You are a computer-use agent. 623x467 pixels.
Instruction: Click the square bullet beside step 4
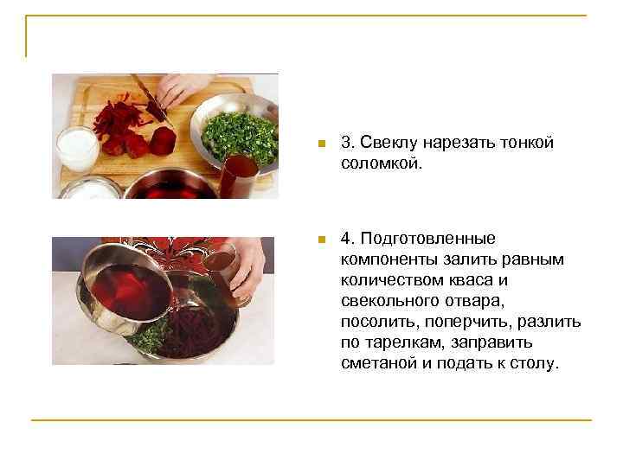(320, 239)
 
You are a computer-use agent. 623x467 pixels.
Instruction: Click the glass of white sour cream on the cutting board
(78, 147)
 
